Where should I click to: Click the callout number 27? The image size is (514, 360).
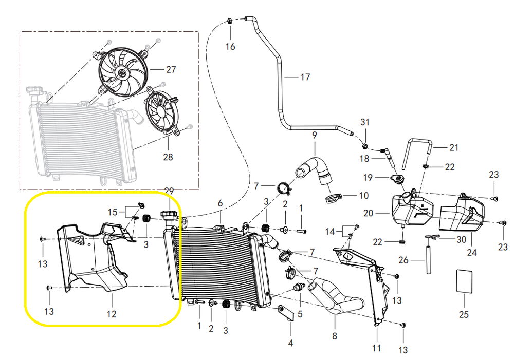point(171,69)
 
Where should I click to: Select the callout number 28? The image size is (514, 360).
point(168,157)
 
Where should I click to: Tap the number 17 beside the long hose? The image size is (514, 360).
point(305,77)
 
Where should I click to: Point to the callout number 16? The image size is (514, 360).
point(230,47)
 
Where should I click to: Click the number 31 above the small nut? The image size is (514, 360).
point(365,122)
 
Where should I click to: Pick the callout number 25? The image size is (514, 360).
point(464,314)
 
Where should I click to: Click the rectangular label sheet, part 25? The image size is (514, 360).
point(465,281)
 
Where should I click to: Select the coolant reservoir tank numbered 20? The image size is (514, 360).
point(412,208)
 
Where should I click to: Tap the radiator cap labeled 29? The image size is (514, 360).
point(170,215)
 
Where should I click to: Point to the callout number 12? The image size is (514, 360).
point(112,314)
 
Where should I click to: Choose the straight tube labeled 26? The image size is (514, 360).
point(428,256)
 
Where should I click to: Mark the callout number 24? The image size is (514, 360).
point(472,252)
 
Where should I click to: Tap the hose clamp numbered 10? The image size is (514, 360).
point(333,198)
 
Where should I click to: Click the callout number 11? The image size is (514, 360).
point(376,348)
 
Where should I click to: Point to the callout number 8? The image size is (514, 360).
point(335,336)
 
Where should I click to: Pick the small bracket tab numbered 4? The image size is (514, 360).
point(286,313)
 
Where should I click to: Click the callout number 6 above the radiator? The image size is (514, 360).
point(220,203)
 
